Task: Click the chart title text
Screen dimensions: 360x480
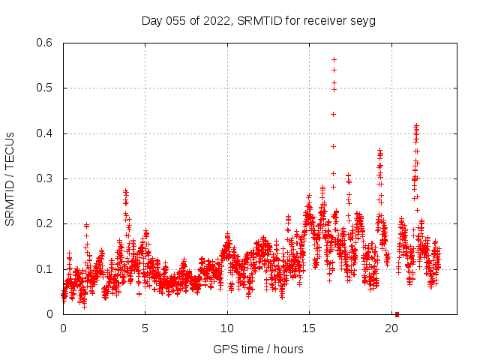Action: tap(258, 20)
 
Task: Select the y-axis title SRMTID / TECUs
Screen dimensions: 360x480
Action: tap(10, 179)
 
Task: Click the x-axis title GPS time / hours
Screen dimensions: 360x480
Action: tap(258, 349)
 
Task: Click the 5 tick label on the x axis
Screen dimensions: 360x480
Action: tap(145, 328)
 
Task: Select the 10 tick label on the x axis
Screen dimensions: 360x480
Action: tap(227, 328)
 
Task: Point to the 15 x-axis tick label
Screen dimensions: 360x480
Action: tap(310, 328)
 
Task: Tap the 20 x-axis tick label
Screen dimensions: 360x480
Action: tap(391, 328)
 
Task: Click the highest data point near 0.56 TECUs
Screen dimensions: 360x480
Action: tap(334, 59)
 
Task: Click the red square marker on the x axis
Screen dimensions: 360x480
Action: tap(397, 313)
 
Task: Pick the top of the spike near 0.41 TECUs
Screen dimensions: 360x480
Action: tap(416, 127)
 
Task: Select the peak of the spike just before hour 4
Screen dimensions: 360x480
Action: tap(125, 191)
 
